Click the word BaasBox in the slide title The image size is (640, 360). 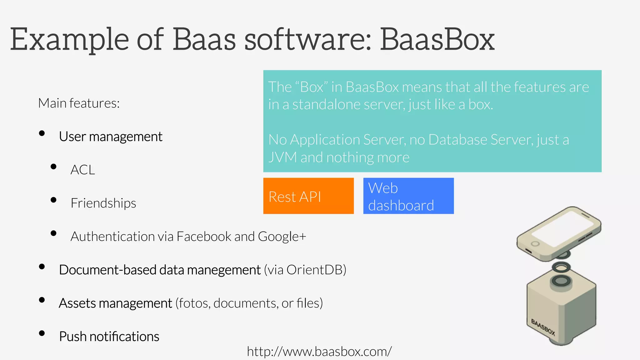437,40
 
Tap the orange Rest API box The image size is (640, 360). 308,196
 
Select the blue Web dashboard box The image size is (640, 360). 408,196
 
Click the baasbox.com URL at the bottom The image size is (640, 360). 319,352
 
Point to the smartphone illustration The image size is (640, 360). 559,233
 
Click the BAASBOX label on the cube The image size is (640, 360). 543,327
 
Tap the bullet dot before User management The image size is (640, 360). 42,133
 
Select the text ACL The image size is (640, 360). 82,170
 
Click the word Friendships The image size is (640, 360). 103,203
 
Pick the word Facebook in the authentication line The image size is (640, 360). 204,237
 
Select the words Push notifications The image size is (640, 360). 109,337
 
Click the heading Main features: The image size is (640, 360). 79,103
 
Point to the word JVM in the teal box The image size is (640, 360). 282,157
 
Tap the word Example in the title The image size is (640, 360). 69,40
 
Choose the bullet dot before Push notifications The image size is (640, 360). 42,333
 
